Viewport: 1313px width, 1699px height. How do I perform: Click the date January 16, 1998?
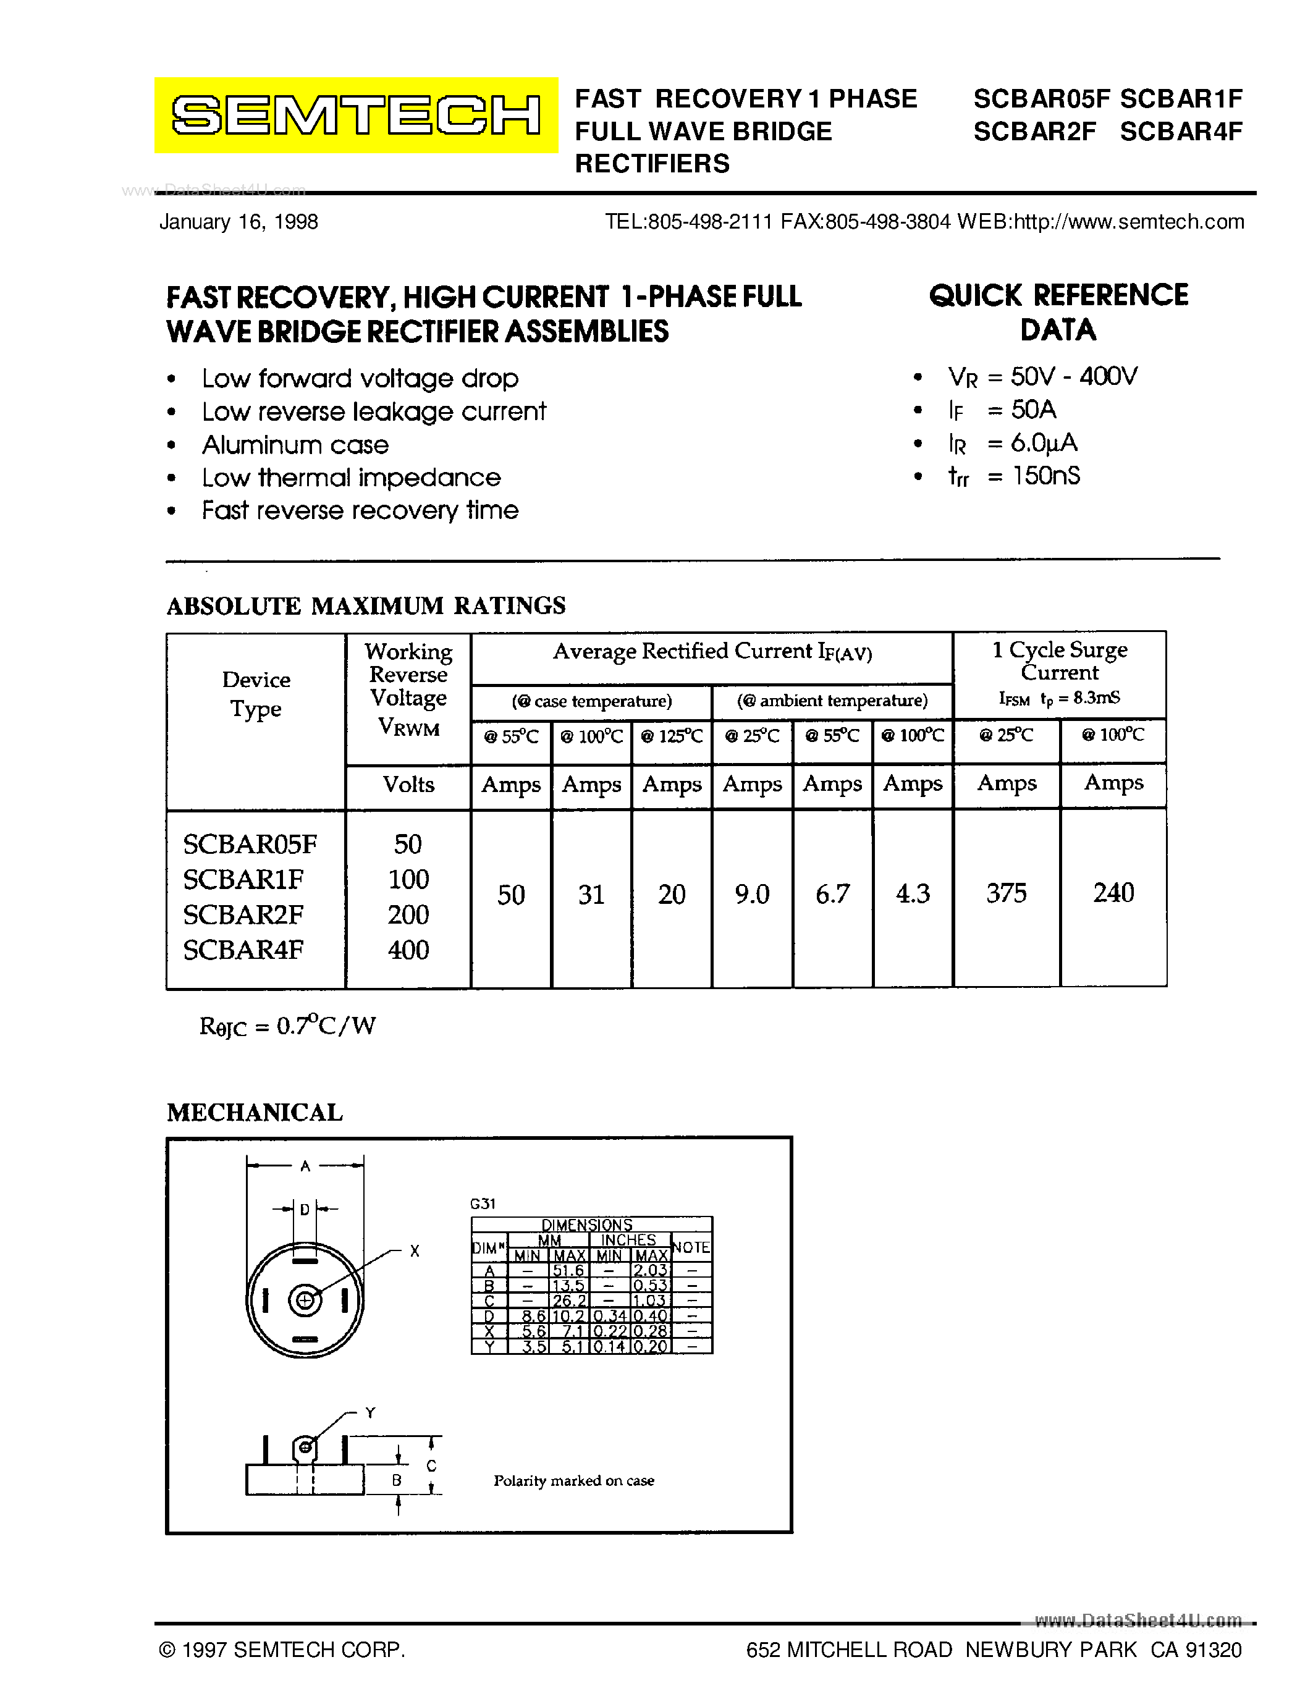(238, 222)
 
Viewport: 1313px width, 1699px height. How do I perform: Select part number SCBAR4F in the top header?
(1181, 132)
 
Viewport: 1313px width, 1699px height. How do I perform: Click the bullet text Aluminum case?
(295, 445)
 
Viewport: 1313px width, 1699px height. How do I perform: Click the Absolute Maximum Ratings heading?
(366, 605)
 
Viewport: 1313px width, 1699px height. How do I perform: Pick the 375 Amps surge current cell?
(1006, 893)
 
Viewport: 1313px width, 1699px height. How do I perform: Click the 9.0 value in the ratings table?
(751, 894)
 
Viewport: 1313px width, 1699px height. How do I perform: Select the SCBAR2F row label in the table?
(243, 914)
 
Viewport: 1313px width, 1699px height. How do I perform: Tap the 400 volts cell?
(408, 950)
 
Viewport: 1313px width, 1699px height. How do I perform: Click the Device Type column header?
(256, 694)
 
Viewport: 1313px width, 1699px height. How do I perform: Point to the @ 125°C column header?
(670, 736)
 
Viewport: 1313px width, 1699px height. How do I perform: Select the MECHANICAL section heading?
(255, 1113)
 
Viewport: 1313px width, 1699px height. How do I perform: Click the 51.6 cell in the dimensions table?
(568, 1270)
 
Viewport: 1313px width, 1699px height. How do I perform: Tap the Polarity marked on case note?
(573, 1480)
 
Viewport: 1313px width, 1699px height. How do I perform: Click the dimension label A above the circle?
(305, 1166)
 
